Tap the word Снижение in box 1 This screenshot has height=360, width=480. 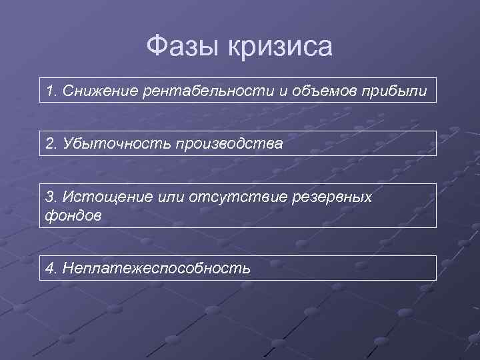tap(101, 90)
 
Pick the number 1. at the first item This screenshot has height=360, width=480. tap(52, 90)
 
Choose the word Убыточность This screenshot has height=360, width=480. tap(115, 143)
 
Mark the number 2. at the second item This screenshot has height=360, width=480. tap(52, 143)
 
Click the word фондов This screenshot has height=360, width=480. tap(73, 216)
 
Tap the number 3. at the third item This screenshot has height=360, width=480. tap(52, 197)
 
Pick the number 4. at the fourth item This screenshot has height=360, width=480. tap(52, 268)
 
